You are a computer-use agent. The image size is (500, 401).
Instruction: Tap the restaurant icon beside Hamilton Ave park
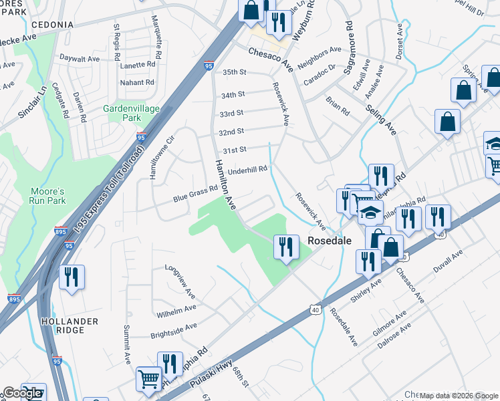coord(286,247)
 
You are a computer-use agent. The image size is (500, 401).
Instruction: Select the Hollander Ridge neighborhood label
coord(70,327)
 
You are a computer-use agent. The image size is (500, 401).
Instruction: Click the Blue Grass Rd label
coord(196,194)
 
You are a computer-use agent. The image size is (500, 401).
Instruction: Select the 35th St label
coord(235,72)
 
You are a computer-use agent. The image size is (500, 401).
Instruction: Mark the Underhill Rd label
coord(247,171)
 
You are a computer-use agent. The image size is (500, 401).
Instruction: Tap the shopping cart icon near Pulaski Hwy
coord(149,378)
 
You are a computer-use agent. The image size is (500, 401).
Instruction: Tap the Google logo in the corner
coord(22,393)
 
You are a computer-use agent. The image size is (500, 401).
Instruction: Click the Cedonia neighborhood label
coord(51,25)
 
